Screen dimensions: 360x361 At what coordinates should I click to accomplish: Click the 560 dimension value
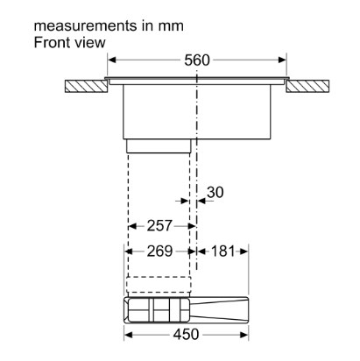click(x=197, y=60)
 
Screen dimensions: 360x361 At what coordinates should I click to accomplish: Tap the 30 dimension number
click(x=215, y=192)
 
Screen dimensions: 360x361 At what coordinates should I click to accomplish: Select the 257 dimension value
click(x=159, y=226)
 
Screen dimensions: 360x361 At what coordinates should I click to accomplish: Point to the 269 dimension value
click(x=159, y=251)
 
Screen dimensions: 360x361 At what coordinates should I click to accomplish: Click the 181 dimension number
click(x=222, y=251)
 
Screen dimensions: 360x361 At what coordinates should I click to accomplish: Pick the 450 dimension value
click(x=186, y=335)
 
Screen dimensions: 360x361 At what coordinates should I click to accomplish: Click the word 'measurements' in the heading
click(x=86, y=26)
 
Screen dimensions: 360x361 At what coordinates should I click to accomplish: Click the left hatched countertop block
click(x=86, y=86)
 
